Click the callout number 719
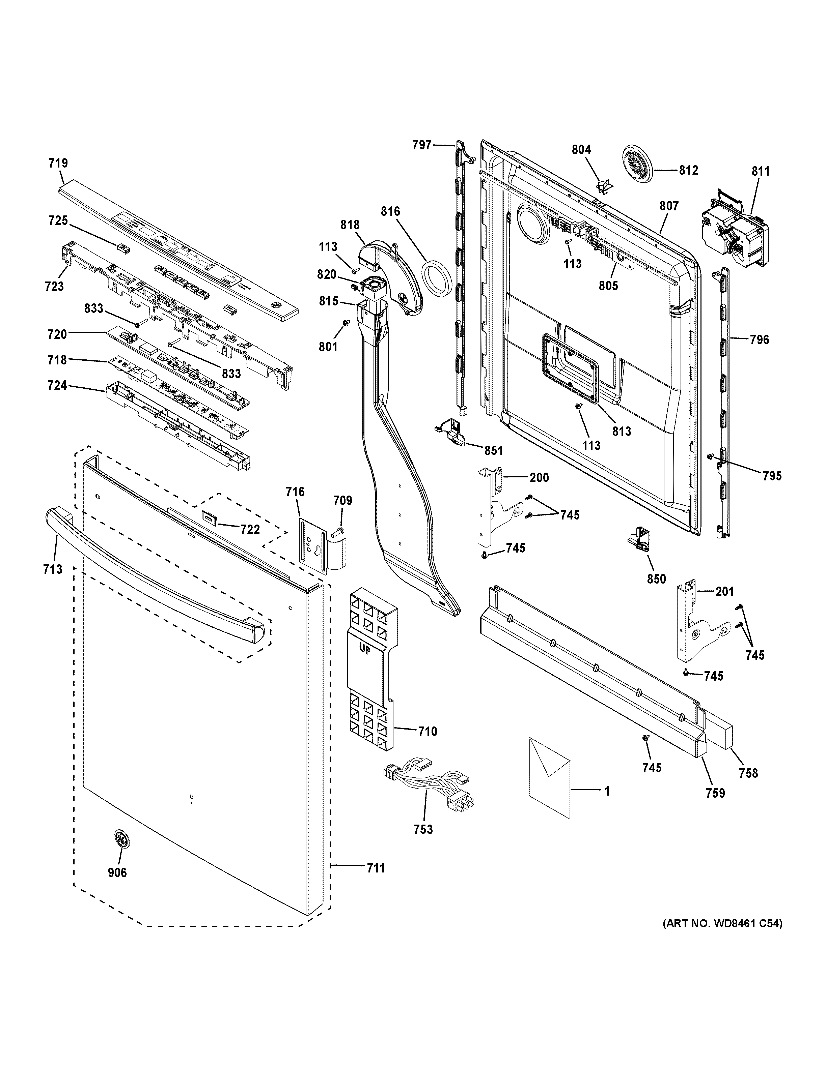(x=58, y=163)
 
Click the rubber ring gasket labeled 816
(x=436, y=277)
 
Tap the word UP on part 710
(x=364, y=650)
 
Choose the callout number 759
(x=715, y=793)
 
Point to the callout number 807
(x=668, y=206)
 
